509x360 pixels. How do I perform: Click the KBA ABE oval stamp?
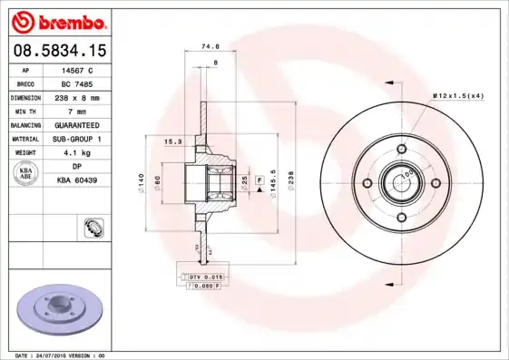[25, 173]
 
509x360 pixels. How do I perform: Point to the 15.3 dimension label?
[171, 141]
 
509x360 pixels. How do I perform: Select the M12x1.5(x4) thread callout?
[458, 94]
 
